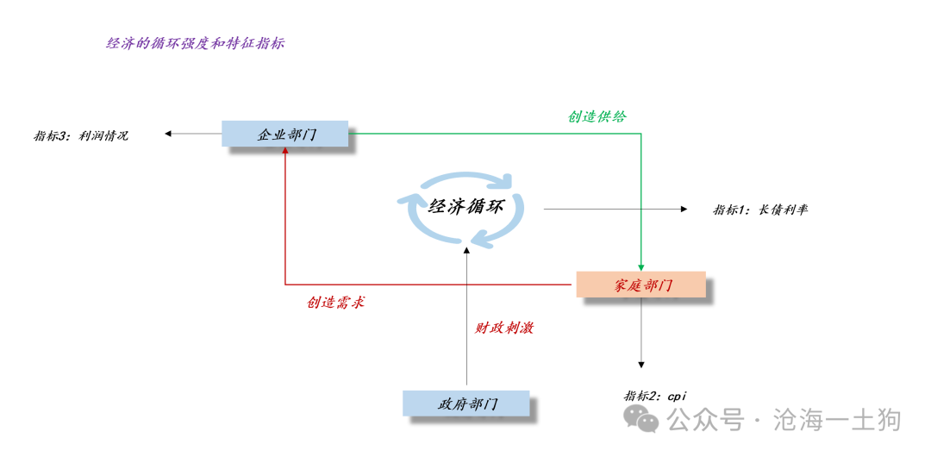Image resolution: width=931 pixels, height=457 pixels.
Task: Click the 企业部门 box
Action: coord(285,134)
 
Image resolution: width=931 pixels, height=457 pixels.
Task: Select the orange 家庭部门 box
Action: coord(641,285)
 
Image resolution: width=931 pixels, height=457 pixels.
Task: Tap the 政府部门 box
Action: coord(466,404)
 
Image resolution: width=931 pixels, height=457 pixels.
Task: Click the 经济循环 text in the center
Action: coord(466,207)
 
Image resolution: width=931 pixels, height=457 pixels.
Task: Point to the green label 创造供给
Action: coord(597,116)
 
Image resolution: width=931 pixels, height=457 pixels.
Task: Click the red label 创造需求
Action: coord(335,303)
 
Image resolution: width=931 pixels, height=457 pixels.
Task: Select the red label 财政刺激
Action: coord(503,328)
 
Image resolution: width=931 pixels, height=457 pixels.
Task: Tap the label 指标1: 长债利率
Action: coord(760,210)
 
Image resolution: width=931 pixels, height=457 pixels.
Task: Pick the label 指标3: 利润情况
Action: coord(81,135)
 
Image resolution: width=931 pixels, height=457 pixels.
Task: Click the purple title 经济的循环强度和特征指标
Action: coord(196,43)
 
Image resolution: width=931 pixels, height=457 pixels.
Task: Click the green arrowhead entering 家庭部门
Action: coord(641,267)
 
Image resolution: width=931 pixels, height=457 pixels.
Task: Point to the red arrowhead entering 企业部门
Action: coord(285,150)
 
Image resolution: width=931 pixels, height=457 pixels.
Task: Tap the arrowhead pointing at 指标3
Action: coord(169,134)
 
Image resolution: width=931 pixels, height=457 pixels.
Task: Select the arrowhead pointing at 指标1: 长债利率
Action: coord(684,209)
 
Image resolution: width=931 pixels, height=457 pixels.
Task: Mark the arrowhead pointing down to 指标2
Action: coord(641,364)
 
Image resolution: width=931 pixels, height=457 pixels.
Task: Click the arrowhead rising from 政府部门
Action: coord(466,253)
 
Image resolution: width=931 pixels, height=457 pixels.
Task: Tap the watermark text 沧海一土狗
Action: coord(838,420)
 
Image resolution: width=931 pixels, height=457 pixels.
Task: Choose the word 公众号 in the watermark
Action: coord(705,420)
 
